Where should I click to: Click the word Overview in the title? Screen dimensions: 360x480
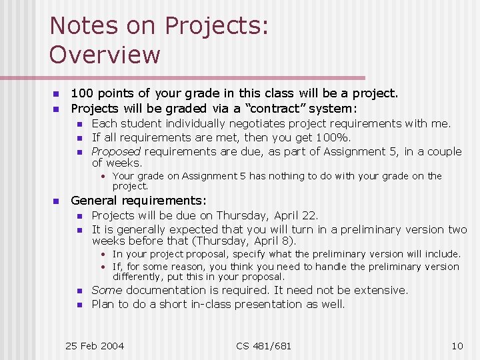(x=105, y=55)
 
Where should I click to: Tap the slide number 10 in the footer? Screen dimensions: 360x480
(x=457, y=345)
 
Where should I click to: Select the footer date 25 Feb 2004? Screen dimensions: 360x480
(x=95, y=345)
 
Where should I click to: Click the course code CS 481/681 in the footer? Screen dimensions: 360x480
(x=264, y=345)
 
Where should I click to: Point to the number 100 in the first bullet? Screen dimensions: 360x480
(x=83, y=93)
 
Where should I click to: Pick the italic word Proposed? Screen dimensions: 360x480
(x=116, y=151)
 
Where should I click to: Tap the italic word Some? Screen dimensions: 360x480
(x=107, y=290)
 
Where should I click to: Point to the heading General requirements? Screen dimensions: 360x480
(x=139, y=200)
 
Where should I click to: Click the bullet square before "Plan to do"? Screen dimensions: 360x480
(x=78, y=305)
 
